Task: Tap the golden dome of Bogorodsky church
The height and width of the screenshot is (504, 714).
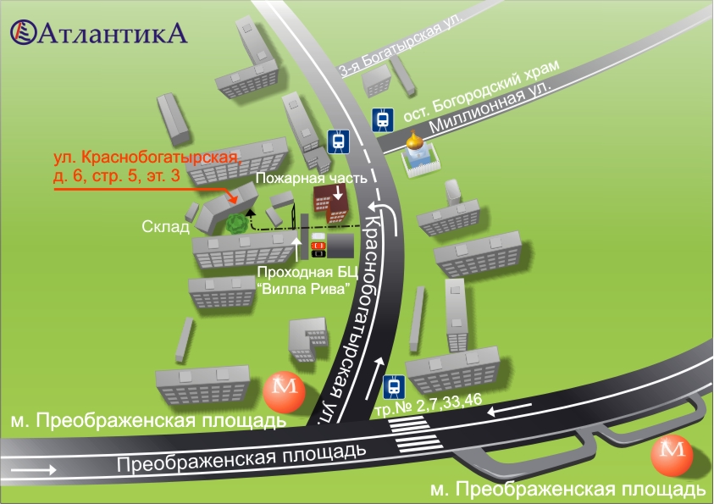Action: pyautogui.click(x=415, y=141)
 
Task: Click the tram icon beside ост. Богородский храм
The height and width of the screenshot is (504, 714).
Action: pyautogui.click(x=384, y=119)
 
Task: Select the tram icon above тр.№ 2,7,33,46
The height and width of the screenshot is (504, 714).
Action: pyautogui.click(x=393, y=387)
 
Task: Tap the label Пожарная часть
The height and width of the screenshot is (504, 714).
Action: pyautogui.click(x=310, y=179)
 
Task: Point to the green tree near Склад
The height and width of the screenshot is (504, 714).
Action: pyautogui.click(x=235, y=224)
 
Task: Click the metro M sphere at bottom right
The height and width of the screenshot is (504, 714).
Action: pyautogui.click(x=672, y=457)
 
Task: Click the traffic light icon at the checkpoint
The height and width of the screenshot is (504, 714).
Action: pyautogui.click(x=318, y=245)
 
